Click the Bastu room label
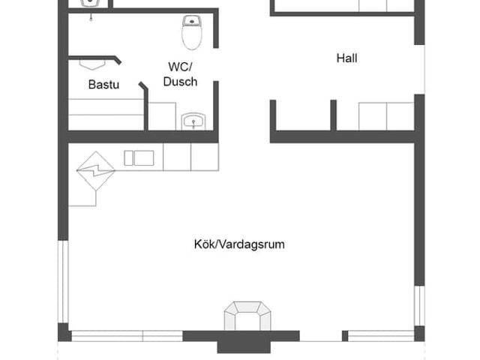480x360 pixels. pyautogui.click(x=103, y=85)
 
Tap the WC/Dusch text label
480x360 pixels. pyautogui.click(x=180, y=74)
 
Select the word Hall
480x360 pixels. pyautogui.click(x=346, y=58)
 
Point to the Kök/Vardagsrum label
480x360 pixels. pyautogui.click(x=239, y=244)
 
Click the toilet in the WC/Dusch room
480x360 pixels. pyautogui.click(x=192, y=32)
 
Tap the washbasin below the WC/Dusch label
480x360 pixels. pyautogui.click(x=193, y=121)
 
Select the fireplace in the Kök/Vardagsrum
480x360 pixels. pyautogui.click(x=247, y=316)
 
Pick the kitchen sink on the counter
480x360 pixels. pyautogui.click(x=139, y=157)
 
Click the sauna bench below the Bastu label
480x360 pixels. pyautogui.click(x=105, y=112)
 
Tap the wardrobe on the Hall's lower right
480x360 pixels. pyautogui.click(x=385, y=116)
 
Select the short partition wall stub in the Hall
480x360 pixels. pyautogui.click(x=332, y=114)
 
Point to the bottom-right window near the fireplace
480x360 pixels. pyautogui.click(x=381, y=335)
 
